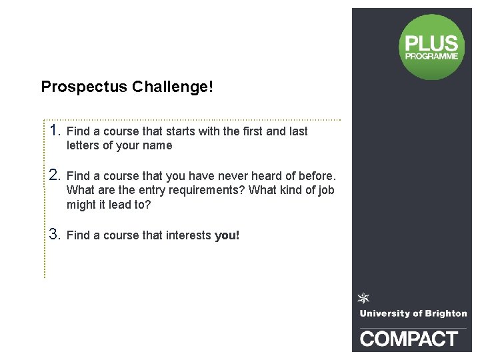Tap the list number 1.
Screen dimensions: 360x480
click(55, 129)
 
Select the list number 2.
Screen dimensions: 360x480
click(55, 175)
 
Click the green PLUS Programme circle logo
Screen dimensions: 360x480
click(431, 47)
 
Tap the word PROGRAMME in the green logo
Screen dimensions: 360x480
click(431, 57)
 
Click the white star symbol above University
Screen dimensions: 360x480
click(364, 298)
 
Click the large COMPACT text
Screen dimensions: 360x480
click(409, 339)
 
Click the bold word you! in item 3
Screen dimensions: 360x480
click(227, 235)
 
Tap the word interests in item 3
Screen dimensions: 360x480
click(187, 235)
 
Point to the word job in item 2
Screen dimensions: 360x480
click(326, 191)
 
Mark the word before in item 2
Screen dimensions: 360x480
click(316, 177)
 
